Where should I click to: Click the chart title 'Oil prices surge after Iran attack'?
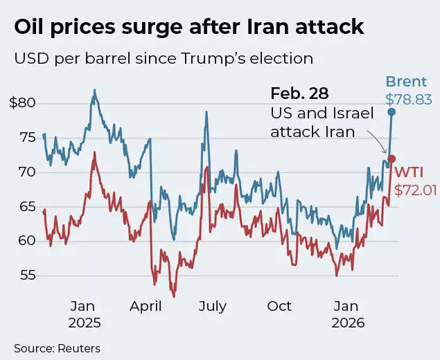coord(188,27)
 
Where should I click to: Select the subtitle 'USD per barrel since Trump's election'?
coord(164,58)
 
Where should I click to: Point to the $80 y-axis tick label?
coord(21,103)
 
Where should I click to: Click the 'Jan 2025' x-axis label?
coord(85,314)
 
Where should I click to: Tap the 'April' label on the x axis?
coord(146,306)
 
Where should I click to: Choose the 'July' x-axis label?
coord(213,306)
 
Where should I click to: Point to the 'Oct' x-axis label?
coord(279,306)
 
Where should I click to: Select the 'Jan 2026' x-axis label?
coord(346,314)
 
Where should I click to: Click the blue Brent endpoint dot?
coord(391,111)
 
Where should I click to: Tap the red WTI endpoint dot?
coord(391,159)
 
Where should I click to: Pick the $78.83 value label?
coord(409,100)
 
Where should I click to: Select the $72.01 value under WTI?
coord(416,189)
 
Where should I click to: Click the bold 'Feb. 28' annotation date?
coord(299,93)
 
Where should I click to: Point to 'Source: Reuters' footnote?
coord(57,348)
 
